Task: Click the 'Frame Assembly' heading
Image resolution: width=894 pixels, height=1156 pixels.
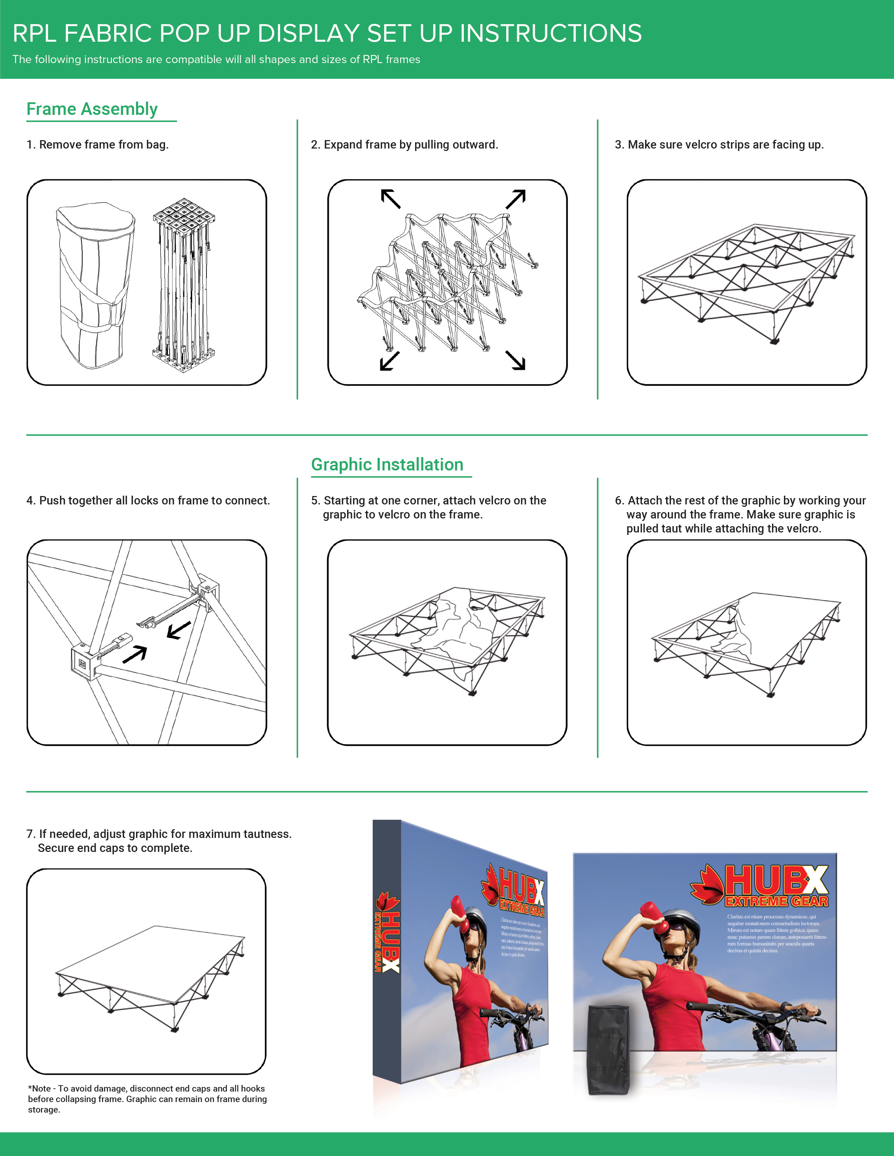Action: coord(92,109)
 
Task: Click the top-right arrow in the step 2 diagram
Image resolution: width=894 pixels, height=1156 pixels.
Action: coord(515,199)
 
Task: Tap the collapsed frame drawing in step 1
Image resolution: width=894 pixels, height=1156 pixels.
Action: coord(183,286)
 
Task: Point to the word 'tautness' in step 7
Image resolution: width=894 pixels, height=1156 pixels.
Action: coord(267,834)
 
